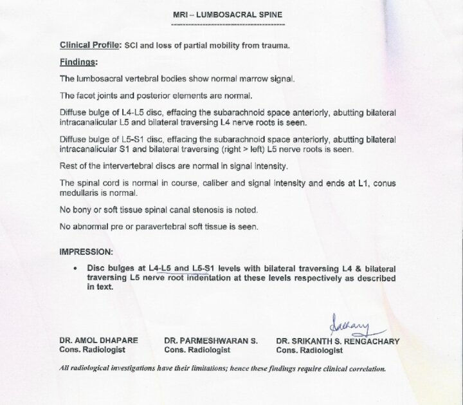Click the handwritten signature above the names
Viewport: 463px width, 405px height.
coord(348,320)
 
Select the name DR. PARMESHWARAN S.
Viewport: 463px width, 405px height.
coord(211,341)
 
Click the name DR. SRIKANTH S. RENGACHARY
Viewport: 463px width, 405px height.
coord(337,341)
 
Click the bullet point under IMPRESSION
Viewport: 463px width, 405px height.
coord(77,267)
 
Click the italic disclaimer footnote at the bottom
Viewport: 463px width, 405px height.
coord(222,369)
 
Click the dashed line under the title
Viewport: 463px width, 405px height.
coord(228,24)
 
